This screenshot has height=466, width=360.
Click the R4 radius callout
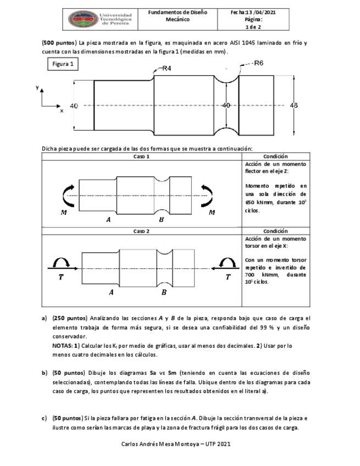(x=167, y=68)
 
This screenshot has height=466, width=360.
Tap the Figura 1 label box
(x=63, y=65)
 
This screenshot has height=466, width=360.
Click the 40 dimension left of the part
(x=74, y=106)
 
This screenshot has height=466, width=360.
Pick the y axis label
(x=37, y=87)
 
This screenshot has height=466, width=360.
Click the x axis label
(x=62, y=110)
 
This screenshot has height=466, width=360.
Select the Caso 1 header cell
(x=141, y=157)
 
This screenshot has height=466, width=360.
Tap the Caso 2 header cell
(x=141, y=231)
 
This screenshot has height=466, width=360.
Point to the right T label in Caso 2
(x=229, y=278)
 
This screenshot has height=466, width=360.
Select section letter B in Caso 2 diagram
(x=164, y=292)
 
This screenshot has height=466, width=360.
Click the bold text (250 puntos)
(x=69, y=318)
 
